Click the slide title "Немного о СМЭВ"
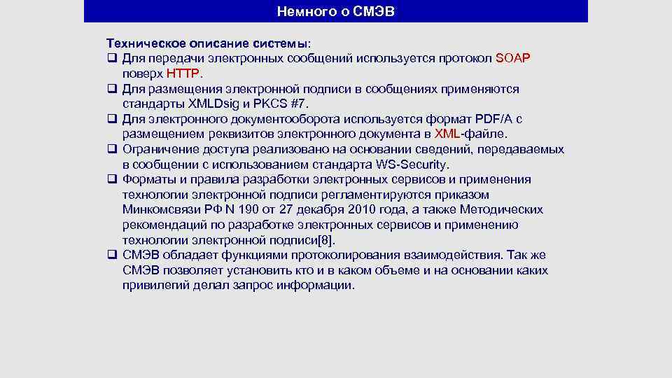click(x=336, y=11)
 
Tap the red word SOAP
click(x=513, y=58)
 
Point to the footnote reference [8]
click(x=326, y=239)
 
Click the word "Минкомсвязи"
click(x=157, y=209)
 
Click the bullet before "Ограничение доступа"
click(x=111, y=149)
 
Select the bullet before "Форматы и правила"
click(x=111, y=179)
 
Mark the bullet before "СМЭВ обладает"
click(x=111, y=255)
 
